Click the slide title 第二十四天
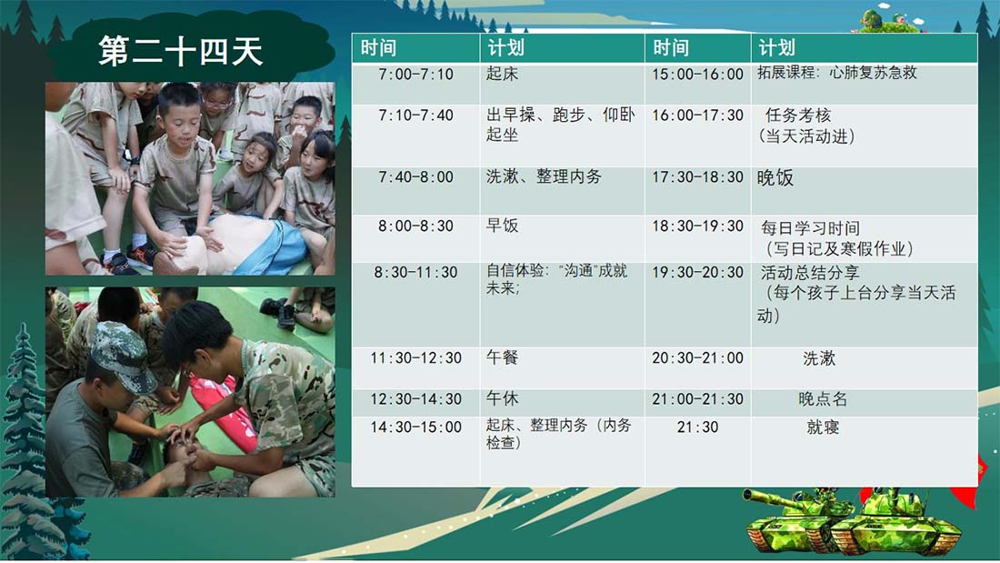181,51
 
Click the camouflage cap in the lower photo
121,355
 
